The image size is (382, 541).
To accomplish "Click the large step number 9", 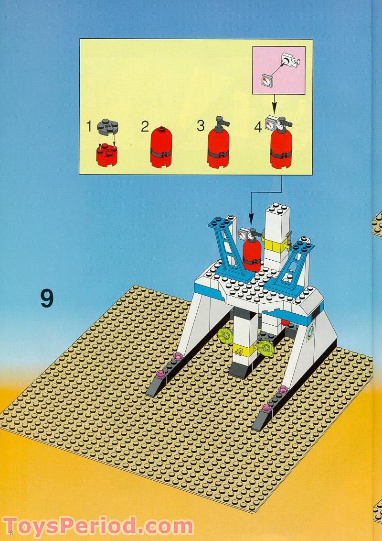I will click(x=47, y=298).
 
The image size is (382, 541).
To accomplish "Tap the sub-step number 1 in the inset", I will click(x=88, y=127).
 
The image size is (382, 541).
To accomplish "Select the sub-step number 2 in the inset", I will click(x=145, y=127).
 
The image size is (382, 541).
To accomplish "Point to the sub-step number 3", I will click(x=201, y=127).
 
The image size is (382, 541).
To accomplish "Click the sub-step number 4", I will click(x=258, y=128).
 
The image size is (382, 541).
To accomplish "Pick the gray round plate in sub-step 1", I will click(x=108, y=127).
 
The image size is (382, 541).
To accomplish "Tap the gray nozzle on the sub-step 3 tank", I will click(x=220, y=123).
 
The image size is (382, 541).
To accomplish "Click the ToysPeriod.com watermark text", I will click(x=98, y=527).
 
